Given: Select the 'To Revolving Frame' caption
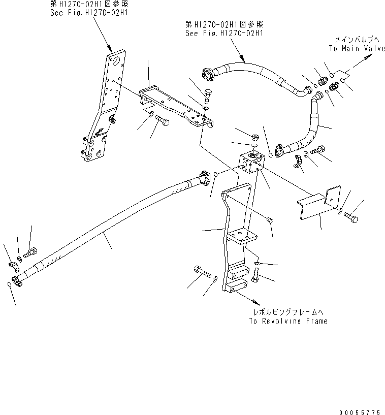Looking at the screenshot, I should (x=288, y=321).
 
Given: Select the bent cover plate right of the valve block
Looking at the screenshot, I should (x=317, y=203).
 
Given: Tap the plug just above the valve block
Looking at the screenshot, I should (x=255, y=136).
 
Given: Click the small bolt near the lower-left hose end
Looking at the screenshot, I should (x=34, y=251).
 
